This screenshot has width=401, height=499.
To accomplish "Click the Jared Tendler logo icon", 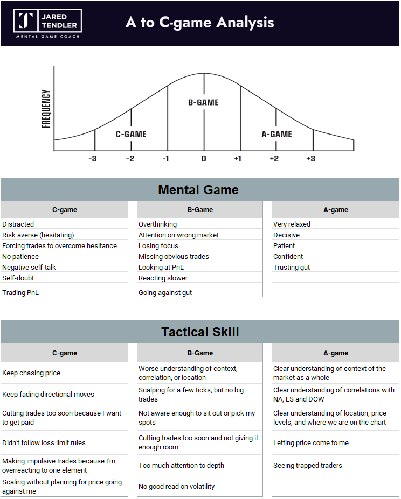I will click(25, 20).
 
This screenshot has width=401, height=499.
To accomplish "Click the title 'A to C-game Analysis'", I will click(200, 23).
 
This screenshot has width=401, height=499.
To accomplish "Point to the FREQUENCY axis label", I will click(46, 108).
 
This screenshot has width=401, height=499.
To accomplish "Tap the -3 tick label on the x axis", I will click(93, 159).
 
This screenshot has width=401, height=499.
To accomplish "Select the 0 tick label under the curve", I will click(204, 159).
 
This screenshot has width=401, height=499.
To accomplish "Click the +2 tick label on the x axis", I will click(275, 159).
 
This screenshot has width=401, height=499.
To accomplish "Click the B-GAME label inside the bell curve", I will click(203, 102).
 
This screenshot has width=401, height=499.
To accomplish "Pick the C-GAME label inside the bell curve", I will click(131, 134).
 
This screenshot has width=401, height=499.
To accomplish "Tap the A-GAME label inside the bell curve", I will click(276, 134).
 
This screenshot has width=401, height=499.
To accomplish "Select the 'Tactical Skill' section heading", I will click(200, 332).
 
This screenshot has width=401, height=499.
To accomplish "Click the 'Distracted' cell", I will click(18, 224).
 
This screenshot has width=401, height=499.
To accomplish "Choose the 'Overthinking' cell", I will click(157, 224).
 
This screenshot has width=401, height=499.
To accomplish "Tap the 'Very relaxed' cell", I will click(292, 224).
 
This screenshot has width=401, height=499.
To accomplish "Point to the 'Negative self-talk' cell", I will click(29, 268).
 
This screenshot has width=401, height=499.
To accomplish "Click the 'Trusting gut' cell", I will click(292, 268).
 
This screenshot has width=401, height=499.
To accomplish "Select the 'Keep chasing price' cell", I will click(31, 373).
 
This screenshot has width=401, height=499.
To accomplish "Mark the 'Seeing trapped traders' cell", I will click(308, 466).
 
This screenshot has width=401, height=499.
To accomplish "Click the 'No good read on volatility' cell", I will click(177, 487).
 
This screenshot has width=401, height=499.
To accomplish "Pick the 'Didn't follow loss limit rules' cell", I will click(44, 443).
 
